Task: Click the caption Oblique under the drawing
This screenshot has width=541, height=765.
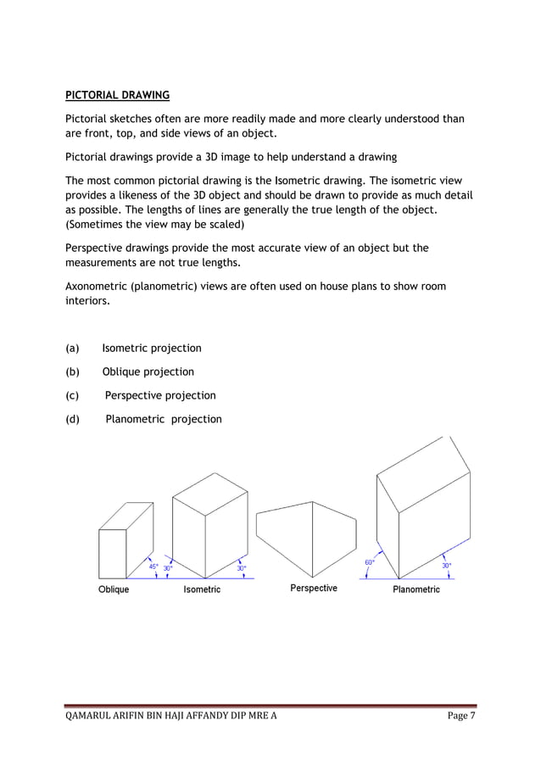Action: coord(114,589)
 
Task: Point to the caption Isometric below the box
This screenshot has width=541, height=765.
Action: coord(202,589)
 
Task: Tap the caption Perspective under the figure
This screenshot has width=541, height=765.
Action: coord(313,588)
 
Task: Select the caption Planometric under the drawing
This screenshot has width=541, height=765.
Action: coord(416,589)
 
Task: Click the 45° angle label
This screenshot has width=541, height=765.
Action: coord(153,567)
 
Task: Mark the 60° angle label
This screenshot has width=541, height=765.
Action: coord(370,562)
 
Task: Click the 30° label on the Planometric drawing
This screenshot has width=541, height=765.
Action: coord(446,565)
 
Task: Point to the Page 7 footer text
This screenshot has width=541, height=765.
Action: coord(461,717)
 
